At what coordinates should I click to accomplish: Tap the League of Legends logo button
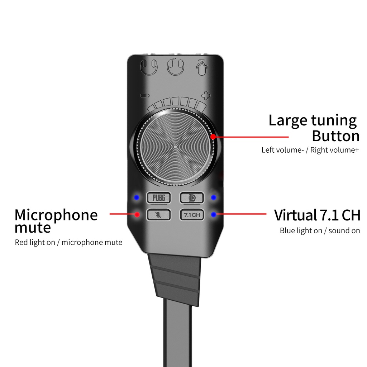192,197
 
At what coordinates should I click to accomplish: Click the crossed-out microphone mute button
158,215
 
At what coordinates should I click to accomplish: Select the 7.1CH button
192,215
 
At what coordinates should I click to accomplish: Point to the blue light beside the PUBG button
136,197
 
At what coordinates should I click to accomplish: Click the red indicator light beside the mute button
137,215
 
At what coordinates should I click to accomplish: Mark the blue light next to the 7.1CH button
214,215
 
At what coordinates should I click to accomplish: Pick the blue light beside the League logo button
214,197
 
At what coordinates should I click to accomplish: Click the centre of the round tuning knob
175,147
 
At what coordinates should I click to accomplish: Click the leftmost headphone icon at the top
149,67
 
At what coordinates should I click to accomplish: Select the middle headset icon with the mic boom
175,66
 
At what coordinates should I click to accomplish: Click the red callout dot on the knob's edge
213,137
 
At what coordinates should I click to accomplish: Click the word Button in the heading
335,136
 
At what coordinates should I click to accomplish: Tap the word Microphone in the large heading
56,215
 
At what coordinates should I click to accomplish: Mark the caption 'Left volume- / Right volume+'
310,150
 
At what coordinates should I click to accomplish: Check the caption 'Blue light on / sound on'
320,230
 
